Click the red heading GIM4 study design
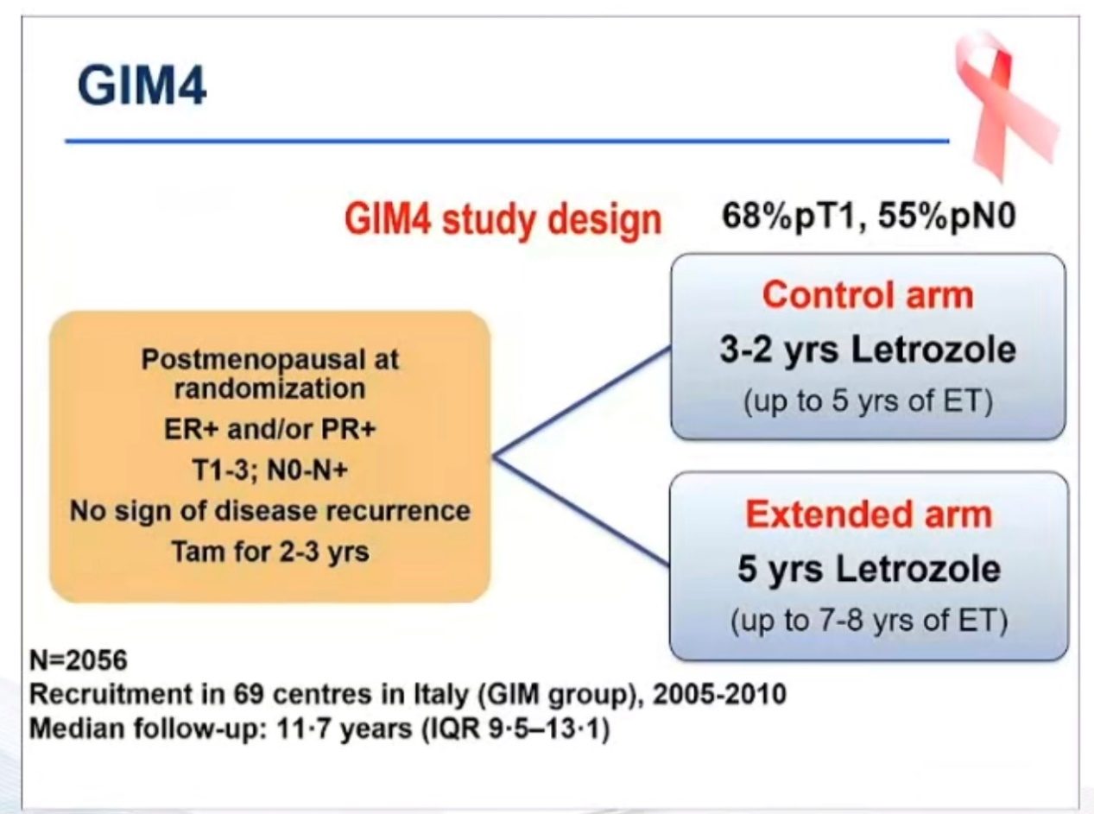[x=503, y=219]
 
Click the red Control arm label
[x=868, y=295]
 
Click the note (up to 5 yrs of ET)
[x=868, y=401]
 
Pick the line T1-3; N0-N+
[x=269, y=472]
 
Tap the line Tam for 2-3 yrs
[x=269, y=550]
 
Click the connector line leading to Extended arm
[x=583, y=513]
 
